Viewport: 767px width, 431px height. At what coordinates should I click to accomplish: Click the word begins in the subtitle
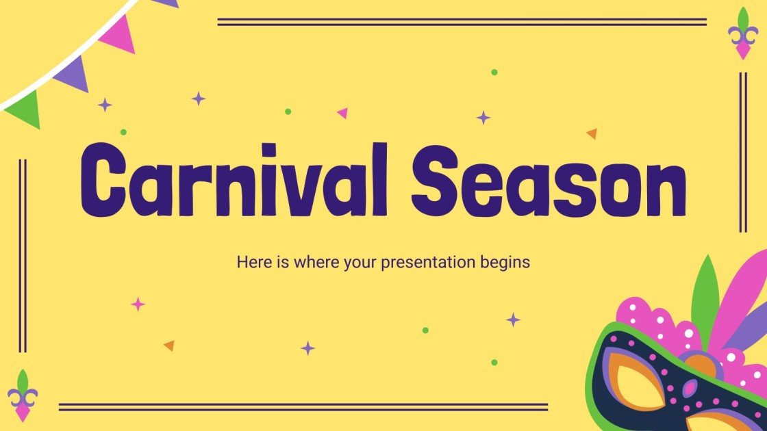click(x=508, y=262)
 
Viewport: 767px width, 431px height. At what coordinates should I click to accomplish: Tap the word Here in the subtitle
click(x=251, y=261)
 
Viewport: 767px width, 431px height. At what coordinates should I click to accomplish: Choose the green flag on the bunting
click(x=25, y=109)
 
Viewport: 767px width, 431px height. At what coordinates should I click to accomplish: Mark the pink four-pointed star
click(x=138, y=304)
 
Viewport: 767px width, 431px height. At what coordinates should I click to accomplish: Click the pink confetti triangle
click(x=342, y=113)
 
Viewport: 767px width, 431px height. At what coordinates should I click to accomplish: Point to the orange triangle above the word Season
click(x=592, y=133)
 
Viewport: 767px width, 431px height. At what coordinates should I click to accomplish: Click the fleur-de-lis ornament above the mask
click(x=743, y=34)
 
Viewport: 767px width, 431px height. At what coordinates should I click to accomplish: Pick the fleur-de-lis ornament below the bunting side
click(x=23, y=395)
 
